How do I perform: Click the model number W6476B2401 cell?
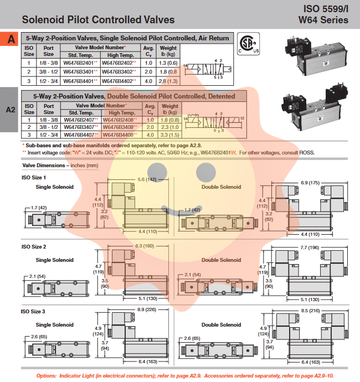pos(80,63)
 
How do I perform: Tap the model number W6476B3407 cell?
pos(80,127)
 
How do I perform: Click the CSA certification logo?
pos(249,44)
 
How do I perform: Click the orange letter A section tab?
pos(11,39)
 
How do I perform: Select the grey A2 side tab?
pos(11,110)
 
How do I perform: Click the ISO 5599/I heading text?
pos(326,9)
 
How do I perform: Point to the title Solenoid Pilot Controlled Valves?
pos(98,20)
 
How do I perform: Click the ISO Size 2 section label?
pos(34,246)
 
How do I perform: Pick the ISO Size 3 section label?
pos(34,311)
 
